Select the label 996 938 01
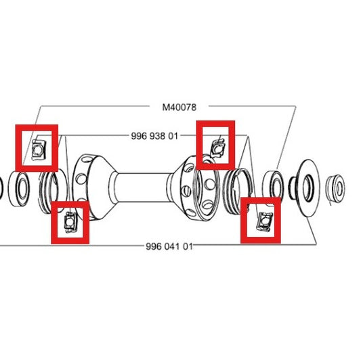tap(154, 135)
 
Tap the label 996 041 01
tap(169, 246)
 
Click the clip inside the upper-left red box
tap(38, 146)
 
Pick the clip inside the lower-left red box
tap(70, 221)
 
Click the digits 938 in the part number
tap(154, 135)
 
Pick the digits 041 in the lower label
tap(169, 246)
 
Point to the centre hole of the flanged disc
tap(305, 185)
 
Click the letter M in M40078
tap(165, 107)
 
